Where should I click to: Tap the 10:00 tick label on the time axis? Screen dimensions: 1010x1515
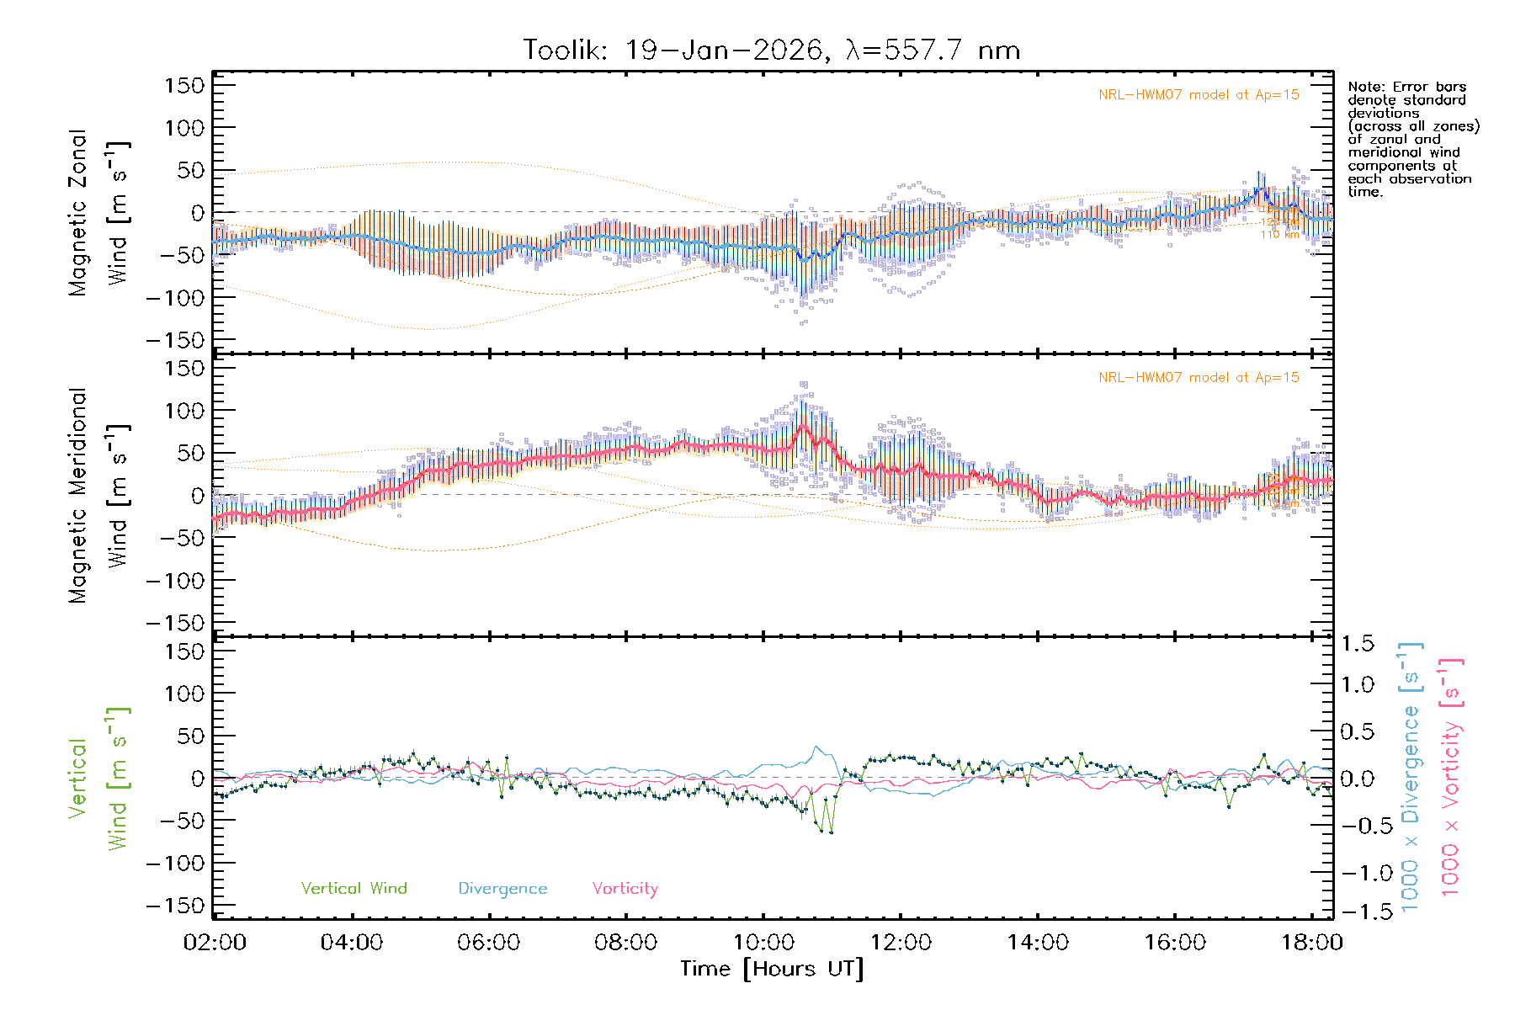[x=763, y=943]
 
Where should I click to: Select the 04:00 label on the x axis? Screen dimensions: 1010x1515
[x=352, y=943]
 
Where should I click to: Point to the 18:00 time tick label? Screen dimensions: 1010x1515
[x=1311, y=943]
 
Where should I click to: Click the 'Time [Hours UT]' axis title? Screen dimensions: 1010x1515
[x=772, y=970]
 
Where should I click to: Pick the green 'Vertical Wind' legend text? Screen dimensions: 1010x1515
[x=353, y=889]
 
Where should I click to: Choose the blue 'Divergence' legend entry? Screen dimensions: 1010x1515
[x=502, y=889]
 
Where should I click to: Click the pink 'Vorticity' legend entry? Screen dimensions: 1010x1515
[x=625, y=889]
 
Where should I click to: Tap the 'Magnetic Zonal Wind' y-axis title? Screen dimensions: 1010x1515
[x=97, y=213]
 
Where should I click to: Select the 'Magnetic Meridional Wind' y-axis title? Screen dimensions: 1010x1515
[x=97, y=496]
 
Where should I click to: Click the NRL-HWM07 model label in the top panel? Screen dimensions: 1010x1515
[x=1199, y=95]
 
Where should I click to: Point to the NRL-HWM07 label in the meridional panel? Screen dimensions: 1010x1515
[x=1199, y=378]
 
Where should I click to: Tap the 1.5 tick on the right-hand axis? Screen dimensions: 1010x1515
[x=1358, y=644]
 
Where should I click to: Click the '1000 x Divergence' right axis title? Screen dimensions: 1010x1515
[x=1410, y=776]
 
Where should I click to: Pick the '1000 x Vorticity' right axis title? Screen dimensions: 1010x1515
[x=1451, y=776]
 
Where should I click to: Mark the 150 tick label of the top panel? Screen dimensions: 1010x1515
[x=184, y=85]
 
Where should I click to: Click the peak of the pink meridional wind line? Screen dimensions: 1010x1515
[x=802, y=426]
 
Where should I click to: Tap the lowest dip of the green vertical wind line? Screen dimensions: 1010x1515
[x=832, y=832]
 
